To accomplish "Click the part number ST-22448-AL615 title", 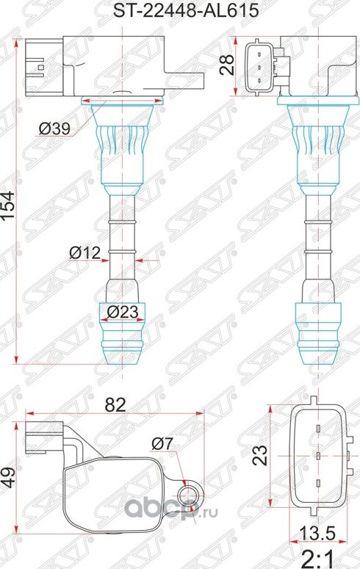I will point(180,10).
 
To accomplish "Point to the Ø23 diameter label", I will point(123,312).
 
